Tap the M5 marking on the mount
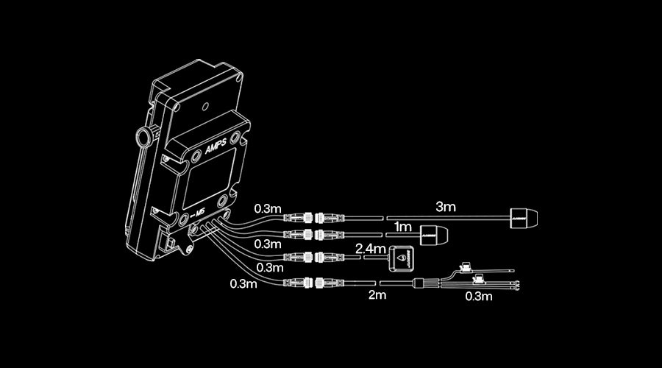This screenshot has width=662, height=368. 196,214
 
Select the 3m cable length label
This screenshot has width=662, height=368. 446,206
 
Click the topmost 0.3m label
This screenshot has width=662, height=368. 268,208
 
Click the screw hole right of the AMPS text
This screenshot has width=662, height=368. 235,138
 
